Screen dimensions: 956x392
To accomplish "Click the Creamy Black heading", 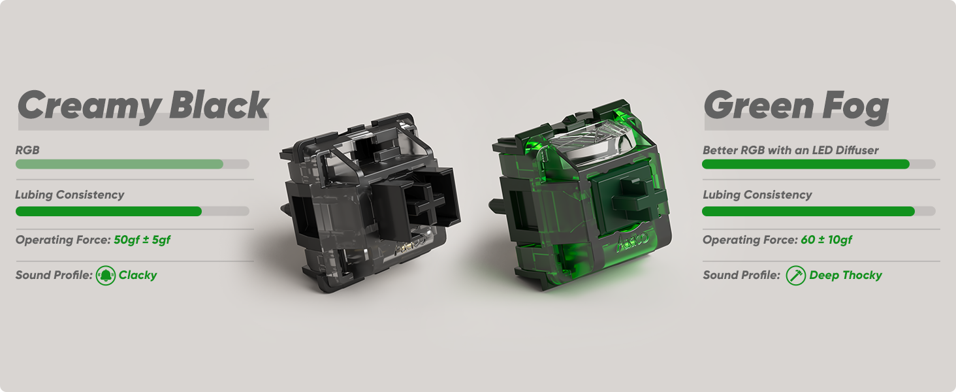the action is pos(143,106).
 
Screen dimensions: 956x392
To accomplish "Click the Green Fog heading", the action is pos(796,106).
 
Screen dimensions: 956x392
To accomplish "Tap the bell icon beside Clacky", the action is pos(105,276).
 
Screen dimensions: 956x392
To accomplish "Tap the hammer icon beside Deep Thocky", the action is pos(795,276).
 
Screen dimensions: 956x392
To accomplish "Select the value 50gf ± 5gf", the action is pos(142,240).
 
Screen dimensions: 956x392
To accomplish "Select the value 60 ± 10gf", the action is pos(826,240).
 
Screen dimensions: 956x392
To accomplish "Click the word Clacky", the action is pos(137,276).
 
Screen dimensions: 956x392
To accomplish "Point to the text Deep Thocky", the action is pos(846,276).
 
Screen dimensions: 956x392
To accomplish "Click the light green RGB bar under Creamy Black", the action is pos(119,164).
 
